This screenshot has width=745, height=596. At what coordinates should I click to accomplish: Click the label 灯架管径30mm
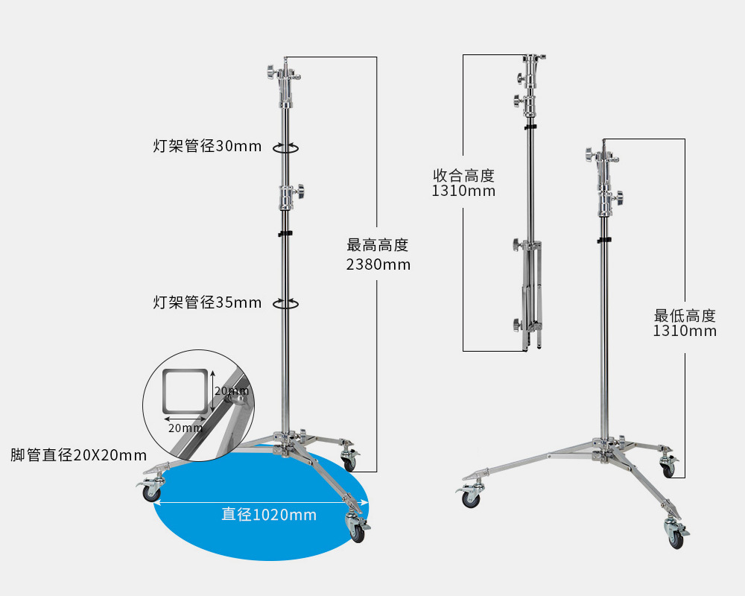coord(207,146)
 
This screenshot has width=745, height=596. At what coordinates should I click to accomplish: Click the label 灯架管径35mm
coord(207,302)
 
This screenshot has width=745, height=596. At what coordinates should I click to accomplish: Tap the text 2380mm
coord(378,264)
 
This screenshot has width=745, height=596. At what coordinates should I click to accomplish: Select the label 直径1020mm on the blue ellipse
coord(269,514)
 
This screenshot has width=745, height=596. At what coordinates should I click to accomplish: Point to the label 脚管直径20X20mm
coord(78,455)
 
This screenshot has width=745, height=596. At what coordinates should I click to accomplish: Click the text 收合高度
coord(463,175)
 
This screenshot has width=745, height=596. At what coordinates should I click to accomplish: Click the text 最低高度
coord(685,315)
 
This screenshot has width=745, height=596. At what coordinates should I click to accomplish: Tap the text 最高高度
coord(378,245)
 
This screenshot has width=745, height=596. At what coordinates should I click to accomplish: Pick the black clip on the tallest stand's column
coord(285,233)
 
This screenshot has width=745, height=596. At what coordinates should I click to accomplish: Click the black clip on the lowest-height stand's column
coord(604,241)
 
